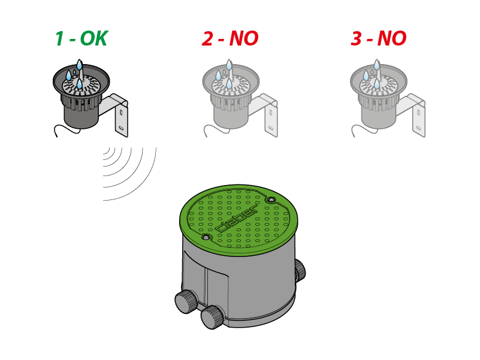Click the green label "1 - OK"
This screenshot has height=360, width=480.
point(81,39)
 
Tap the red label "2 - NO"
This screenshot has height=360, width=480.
point(230,39)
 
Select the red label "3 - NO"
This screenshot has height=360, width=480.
point(378,39)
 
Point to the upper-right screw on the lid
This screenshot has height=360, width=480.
point(271,199)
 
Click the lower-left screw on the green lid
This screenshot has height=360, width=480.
point(207,238)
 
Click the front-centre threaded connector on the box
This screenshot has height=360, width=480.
point(211,316)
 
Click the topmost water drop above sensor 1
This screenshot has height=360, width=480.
point(79,64)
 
